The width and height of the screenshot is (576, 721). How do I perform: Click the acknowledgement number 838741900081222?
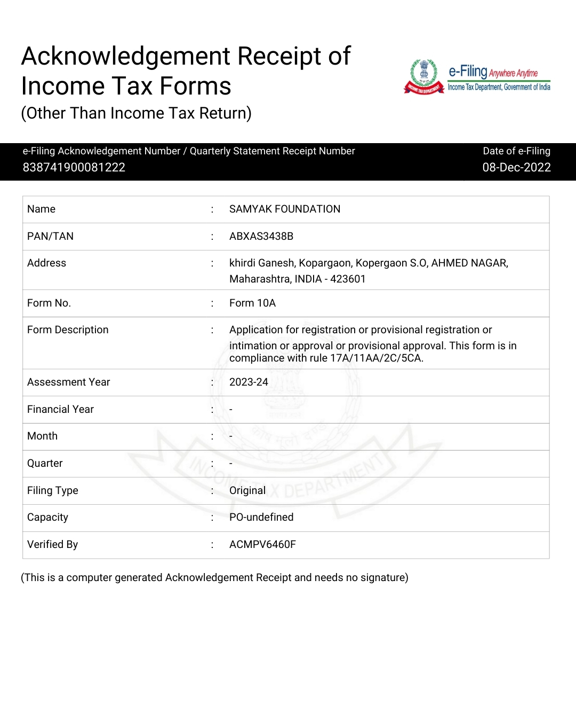(x=74, y=167)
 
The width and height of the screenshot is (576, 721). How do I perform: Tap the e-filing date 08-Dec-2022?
(x=516, y=167)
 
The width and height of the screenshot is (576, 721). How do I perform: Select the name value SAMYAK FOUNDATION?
(x=285, y=209)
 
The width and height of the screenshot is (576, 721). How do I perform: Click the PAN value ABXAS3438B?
(x=261, y=236)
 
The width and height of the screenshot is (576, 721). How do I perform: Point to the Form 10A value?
(x=252, y=303)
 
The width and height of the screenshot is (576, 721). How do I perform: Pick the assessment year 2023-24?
(x=249, y=382)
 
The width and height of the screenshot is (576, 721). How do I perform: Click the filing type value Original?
(x=247, y=490)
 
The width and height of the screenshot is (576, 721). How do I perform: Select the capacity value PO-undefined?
(x=261, y=517)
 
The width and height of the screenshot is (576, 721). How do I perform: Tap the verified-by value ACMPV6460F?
(x=262, y=544)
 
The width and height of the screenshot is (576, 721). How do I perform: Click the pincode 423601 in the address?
(x=348, y=279)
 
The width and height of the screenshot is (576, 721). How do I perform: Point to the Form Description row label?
(x=68, y=330)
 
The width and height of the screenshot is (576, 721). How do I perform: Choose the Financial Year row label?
(x=60, y=409)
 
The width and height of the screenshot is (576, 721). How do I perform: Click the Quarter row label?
(x=45, y=463)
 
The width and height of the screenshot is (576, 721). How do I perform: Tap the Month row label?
(x=42, y=436)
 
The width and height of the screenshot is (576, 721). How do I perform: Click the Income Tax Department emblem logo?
(x=424, y=77)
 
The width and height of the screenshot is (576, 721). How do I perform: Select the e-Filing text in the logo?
(x=468, y=71)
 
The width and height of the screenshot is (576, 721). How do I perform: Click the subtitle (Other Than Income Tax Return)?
(x=136, y=113)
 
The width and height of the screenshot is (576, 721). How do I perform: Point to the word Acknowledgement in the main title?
(x=126, y=56)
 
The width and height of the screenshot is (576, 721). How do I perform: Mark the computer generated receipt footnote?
(x=214, y=577)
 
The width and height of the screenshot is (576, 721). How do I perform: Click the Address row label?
(x=46, y=263)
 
